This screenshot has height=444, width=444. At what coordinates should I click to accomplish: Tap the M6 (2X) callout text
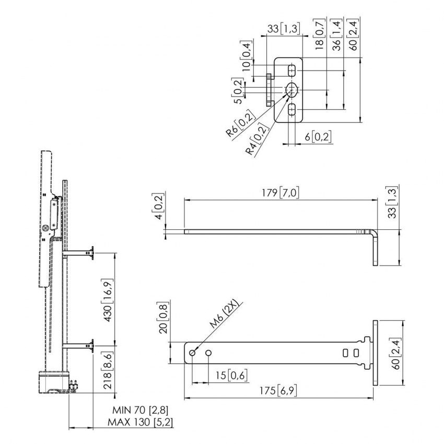[225, 314]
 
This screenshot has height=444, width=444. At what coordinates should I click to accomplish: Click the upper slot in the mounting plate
[291, 71]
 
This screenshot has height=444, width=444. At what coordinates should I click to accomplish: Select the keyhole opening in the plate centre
[291, 90]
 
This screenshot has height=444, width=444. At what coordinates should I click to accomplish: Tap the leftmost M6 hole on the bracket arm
[192, 353]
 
